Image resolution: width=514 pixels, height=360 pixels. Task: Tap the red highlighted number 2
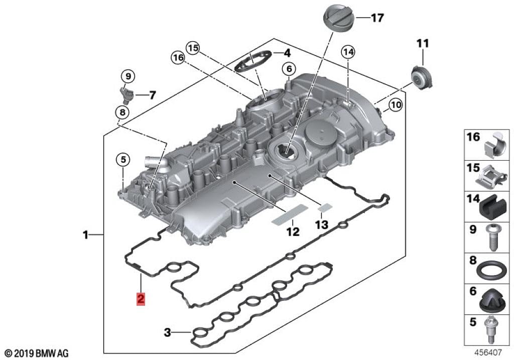pos(141,299)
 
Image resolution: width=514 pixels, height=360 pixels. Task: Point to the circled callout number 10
pos(396,105)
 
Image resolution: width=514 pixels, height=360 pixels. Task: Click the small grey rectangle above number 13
pos(325,206)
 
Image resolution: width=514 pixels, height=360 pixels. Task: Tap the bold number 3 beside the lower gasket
pos(168,332)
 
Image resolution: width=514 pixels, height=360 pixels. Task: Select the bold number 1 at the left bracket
pos(86,234)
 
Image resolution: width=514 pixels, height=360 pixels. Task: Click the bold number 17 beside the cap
pos(377,18)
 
